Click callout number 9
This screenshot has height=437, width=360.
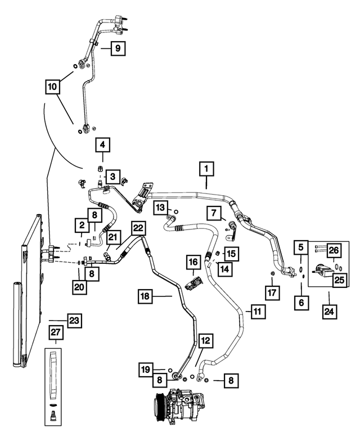(118, 48)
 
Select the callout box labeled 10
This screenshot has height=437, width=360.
(52, 86)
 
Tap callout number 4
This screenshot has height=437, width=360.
(102, 145)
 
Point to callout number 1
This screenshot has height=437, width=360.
(206, 169)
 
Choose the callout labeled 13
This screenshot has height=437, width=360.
(161, 208)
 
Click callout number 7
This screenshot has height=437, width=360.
(213, 213)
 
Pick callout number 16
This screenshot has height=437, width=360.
(193, 262)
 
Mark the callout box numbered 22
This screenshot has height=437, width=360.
(138, 228)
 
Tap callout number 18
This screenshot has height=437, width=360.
(145, 296)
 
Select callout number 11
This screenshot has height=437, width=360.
(258, 311)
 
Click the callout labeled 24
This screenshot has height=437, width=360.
(329, 312)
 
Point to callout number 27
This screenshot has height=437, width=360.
(56, 332)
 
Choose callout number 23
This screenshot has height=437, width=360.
(74, 321)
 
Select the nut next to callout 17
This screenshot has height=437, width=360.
(272, 273)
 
